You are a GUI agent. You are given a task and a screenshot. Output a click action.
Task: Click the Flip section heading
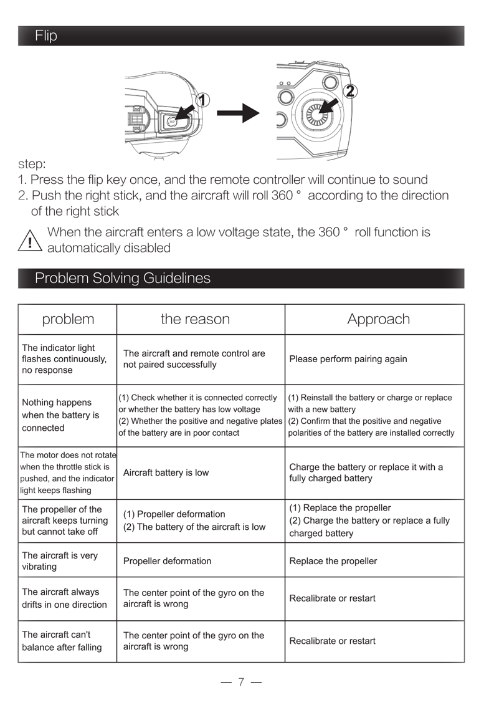(46, 36)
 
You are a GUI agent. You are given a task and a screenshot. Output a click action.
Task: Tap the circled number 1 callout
(202, 100)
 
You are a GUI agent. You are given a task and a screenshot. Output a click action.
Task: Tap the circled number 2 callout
(349, 91)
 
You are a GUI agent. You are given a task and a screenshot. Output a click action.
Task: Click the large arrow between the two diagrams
(237, 113)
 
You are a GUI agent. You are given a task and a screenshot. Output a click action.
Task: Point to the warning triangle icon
(30, 241)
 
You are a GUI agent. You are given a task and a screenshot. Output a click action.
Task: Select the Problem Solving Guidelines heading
(122, 278)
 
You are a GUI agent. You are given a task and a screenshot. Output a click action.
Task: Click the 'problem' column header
(68, 319)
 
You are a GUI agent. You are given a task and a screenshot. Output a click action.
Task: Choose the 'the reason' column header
(195, 319)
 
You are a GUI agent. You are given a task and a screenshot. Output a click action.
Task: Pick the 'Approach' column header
(378, 319)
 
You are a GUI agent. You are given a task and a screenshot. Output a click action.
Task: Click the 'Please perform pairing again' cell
(348, 359)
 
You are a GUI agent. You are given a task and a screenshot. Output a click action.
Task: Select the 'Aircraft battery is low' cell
(166, 473)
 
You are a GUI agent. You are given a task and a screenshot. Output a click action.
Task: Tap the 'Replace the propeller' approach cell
(333, 561)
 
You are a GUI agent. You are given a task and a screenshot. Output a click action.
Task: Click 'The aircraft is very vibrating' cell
(60, 561)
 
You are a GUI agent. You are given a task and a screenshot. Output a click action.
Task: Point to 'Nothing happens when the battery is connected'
(60, 415)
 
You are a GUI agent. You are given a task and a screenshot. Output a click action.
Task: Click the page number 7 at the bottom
(241, 682)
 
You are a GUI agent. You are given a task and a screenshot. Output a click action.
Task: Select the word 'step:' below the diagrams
(32, 165)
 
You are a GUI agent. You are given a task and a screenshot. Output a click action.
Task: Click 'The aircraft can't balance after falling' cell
(62, 641)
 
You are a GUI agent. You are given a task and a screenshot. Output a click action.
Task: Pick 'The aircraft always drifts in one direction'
(64, 598)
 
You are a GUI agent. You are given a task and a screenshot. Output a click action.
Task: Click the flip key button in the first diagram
(173, 122)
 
